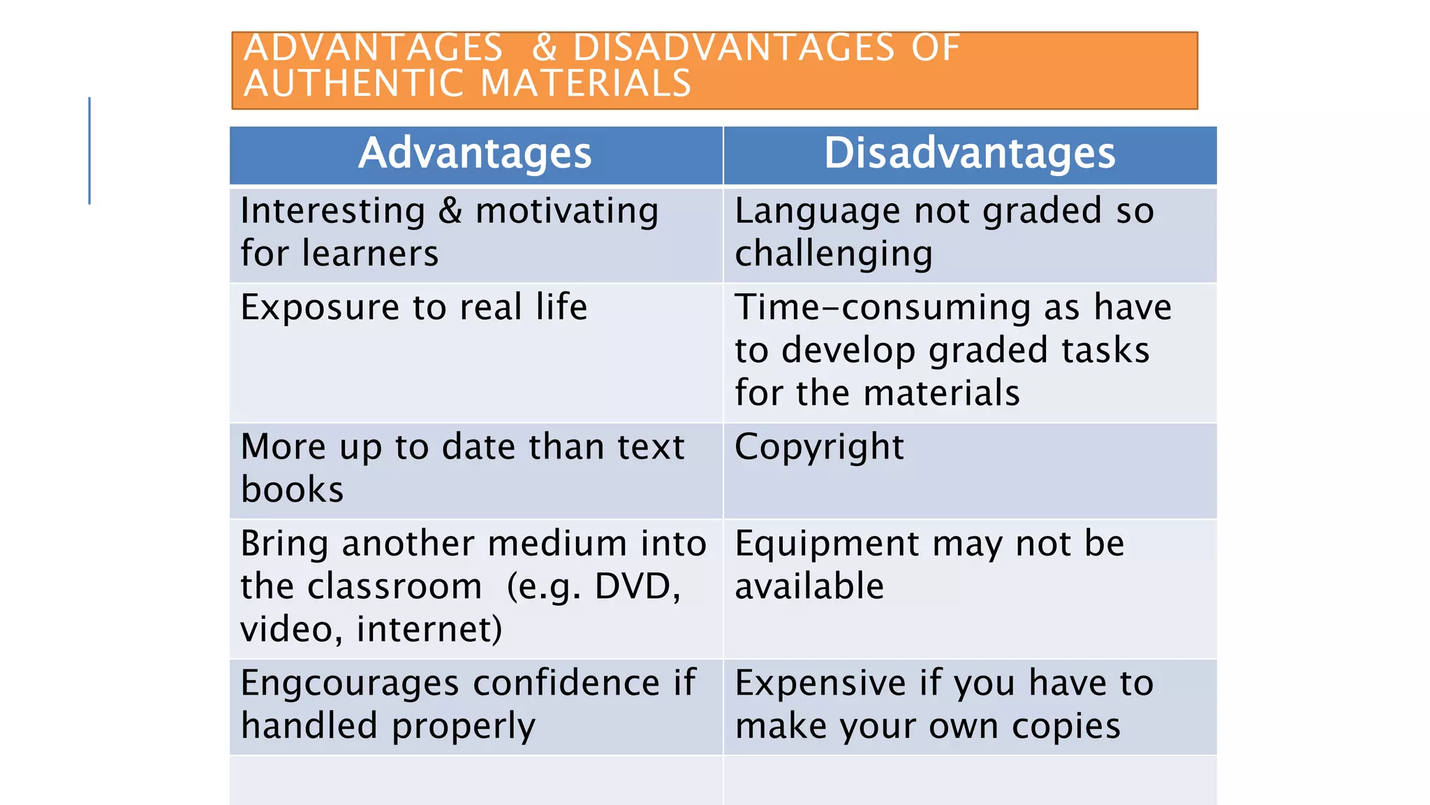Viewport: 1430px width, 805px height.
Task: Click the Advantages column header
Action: click(475, 154)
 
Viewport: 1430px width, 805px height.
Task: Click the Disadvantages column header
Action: click(969, 154)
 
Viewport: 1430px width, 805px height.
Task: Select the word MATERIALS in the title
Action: click(586, 83)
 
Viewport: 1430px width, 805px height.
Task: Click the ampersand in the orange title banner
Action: click(545, 49)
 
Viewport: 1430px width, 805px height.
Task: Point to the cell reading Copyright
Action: click(819, 447)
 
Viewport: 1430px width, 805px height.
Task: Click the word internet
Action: click(429, 629)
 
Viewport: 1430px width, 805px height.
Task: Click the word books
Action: click(292, 489)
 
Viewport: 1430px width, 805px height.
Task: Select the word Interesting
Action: click(332, 211)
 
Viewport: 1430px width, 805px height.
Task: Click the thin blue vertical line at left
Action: click(89, 150)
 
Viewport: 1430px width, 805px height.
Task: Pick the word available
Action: click(809, 586)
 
